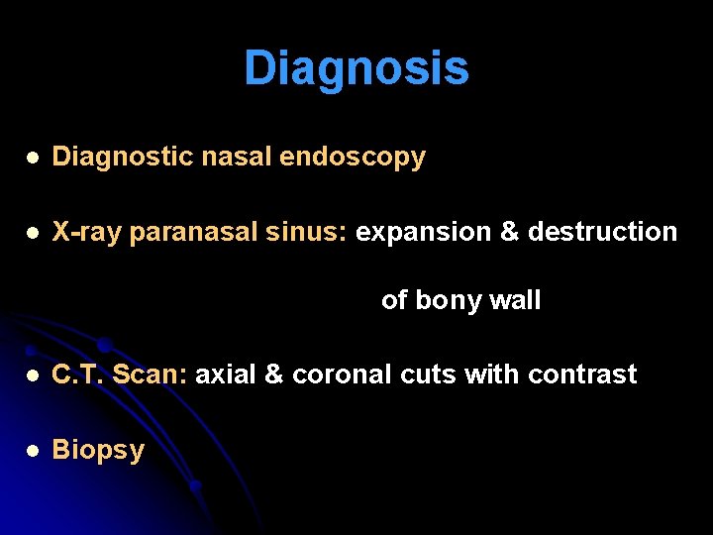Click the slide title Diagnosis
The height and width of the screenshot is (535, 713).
pyautogui.click(x=356, y=68)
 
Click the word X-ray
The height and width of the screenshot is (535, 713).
pyautogui.click(x=88, y=232)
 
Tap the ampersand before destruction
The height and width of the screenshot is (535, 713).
pyautogui.click(x=510, y=232)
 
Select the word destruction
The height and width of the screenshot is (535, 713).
pyautogui.click(x=603, y=232)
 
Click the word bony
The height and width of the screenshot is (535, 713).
pyautogui.click(x=449, y=300)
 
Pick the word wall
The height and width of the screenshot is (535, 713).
pyautogui.click(x=516, y=299)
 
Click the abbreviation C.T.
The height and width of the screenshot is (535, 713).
pyautogui.click(x=78, y=374)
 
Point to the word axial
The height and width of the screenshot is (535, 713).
pyautogui.click(x=227, y=374)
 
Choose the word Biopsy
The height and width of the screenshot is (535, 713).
pyautogui.click(x=98, y=451)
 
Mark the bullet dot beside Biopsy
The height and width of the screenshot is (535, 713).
pyautogui.click(x=33, y=451)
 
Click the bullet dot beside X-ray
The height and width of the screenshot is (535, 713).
pyautogui.click(x=33, y=233)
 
